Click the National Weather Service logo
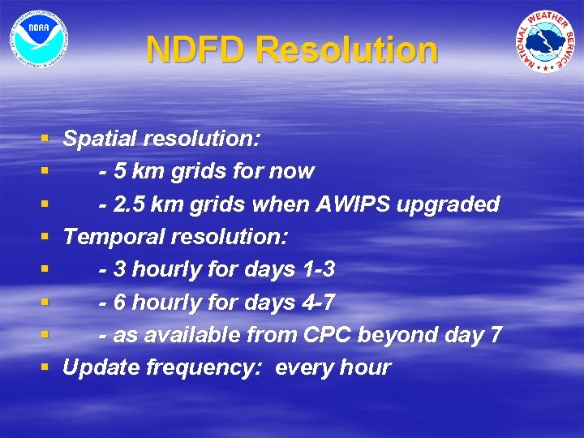544,41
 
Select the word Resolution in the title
346,50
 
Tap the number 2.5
129,204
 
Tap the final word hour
365,367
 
